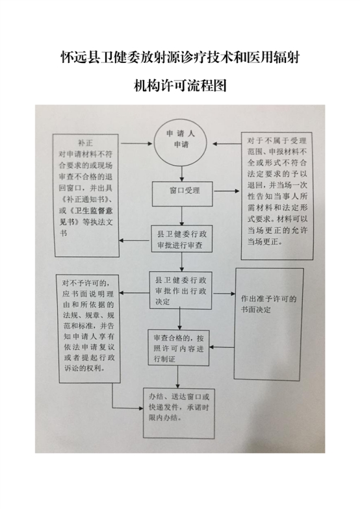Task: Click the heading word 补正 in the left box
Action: tap(86, 143)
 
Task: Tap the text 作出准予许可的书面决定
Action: tap(269, 304)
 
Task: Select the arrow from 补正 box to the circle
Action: tap(136, 143)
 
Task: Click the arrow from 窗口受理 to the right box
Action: tap(226, 191)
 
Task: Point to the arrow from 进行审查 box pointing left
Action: tap(135, 240)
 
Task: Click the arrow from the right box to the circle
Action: tap(227, 144)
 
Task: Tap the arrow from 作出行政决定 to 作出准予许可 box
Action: tap(224, 293)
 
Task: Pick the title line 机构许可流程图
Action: tap(180, 86)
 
